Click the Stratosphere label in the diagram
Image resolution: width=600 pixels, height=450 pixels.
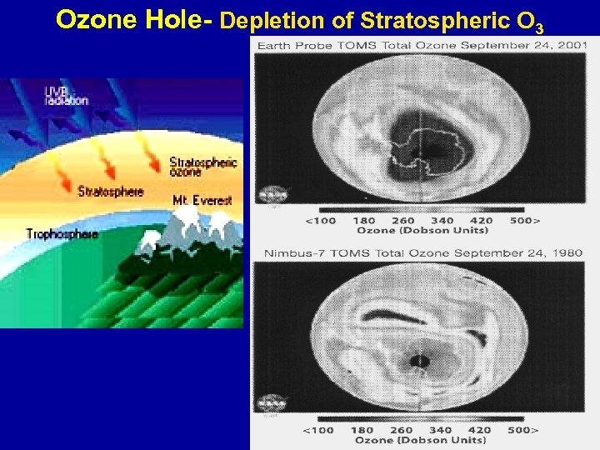coord(111,191)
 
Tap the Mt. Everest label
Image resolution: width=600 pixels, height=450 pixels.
coord(202,200)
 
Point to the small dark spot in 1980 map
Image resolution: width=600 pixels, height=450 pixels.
coord(421,362)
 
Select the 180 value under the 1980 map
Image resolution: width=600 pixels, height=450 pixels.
coord(363,430)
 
